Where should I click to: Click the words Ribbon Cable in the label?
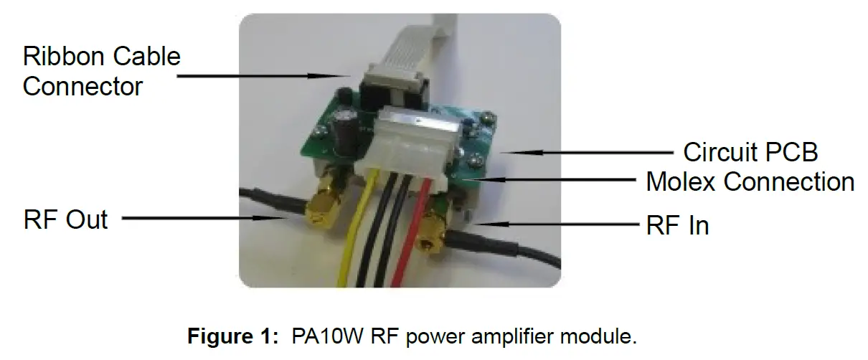(x=102, y=56)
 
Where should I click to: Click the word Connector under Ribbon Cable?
(x=82, y=87)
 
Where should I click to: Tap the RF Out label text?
(x=65, y=219)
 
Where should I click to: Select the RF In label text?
(x=677, y=225)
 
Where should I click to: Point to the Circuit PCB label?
(x=750, y=152)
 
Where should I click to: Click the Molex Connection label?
(x=750, y=181)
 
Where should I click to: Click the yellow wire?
(x=355, y=244)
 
